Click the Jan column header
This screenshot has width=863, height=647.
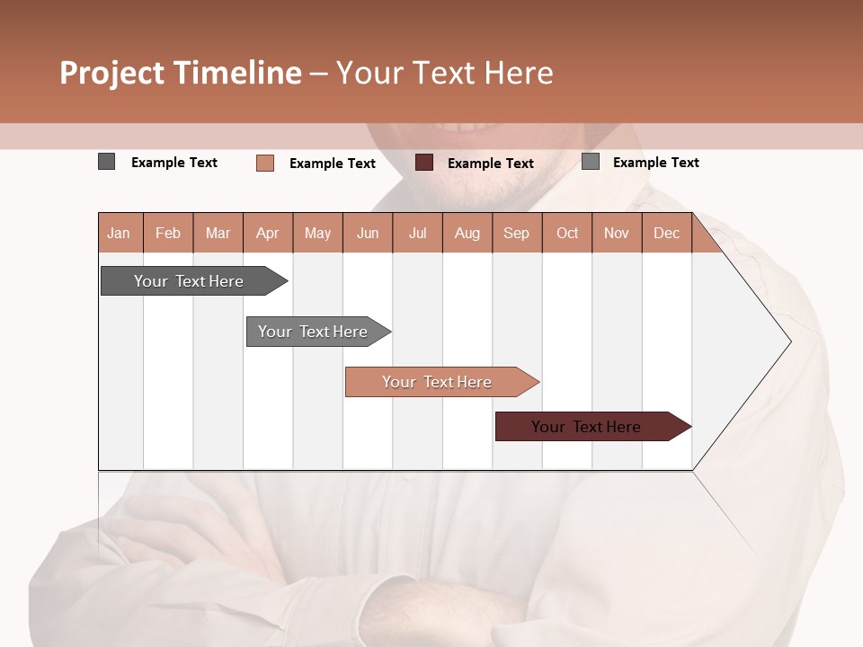coord(120,233)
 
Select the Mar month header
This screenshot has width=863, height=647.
coord(218,233)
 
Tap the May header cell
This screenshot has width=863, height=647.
coord(317,233)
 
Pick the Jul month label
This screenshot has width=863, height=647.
coord(417,233)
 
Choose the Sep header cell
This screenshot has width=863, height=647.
coord(516,233)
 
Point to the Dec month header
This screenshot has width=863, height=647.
coord(666,233)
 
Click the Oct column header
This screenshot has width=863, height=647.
coord(567,233)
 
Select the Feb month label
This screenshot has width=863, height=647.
coord(168,233)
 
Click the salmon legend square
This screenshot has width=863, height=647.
coord(265,163)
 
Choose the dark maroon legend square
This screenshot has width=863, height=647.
coord(424,162)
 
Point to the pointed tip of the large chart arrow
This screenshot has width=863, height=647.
coord(789,341)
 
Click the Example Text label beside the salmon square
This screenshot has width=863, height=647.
coord(333,164)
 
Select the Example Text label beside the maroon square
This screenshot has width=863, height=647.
coord(491,164)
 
